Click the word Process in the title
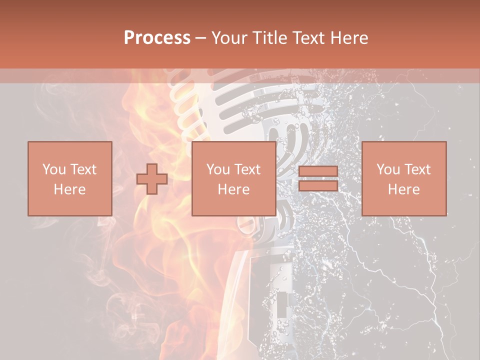[157, 38]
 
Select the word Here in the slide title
[350, 38]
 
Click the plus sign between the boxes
[152, 179]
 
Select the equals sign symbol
[318, 179]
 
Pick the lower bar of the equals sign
[318, 185]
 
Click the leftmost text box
[69, 179]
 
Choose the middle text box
[233, 179]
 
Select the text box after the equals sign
[403, 179]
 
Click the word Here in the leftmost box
[69, 189]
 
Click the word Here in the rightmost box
[403, 189]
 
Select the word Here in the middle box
[233, 189]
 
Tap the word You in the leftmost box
[54, 169]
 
